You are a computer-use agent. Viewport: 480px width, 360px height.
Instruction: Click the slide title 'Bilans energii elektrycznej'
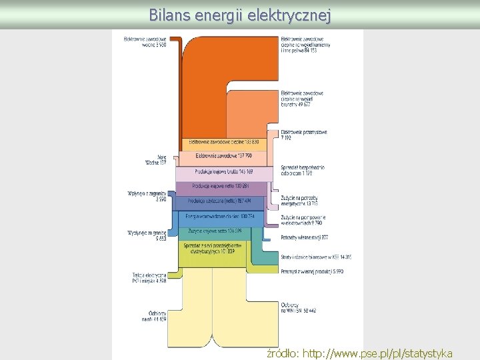239,14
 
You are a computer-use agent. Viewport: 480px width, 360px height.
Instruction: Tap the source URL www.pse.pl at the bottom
359,353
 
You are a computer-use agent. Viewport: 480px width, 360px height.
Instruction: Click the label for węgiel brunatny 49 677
303,99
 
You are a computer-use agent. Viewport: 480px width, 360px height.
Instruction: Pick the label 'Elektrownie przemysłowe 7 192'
304,135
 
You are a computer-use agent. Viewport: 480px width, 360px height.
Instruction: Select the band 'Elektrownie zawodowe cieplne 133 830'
223,142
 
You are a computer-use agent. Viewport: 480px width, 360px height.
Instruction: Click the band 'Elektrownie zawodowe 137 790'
223,156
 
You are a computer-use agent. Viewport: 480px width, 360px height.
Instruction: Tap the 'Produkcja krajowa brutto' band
223,172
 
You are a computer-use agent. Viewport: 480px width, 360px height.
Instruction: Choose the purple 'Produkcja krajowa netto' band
220,186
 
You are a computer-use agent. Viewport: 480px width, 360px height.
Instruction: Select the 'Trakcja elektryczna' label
149,277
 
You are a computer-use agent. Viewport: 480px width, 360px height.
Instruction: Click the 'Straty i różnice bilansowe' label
316,257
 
